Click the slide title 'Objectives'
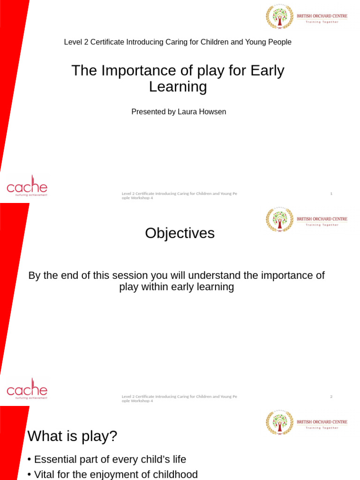[180, 233]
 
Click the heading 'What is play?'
[72, 436]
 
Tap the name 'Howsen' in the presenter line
[214, 112]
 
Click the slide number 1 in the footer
[331, 194]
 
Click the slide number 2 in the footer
[331, 397]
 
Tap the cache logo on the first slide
[27, 186]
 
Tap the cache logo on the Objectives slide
[27, 389]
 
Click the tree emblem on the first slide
[280, 17]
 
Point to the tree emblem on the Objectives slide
[280, 219]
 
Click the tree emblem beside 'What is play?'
[280, 422]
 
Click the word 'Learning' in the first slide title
[178, 87]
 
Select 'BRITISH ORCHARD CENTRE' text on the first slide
[322, 16]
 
